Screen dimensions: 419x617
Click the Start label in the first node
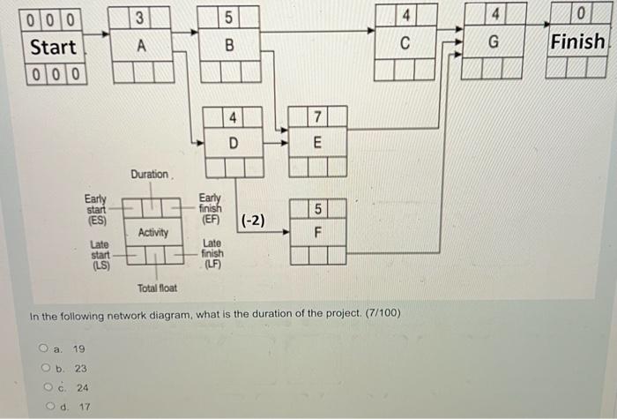pos(53,46)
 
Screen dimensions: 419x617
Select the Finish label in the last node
pos(578,41)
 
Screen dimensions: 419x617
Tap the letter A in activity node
pos(141,46)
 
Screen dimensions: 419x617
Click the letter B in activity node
pos(229,46)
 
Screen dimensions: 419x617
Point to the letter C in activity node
pos(405,42)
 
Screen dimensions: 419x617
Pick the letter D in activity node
pos(233,142)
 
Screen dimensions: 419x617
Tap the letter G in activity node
pos(494,42)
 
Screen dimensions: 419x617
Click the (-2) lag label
pos(253,220)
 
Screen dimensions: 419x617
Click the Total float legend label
pos(157,288)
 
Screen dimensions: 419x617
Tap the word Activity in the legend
pos(153,233)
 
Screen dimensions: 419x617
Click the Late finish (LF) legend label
pos(212,253)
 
